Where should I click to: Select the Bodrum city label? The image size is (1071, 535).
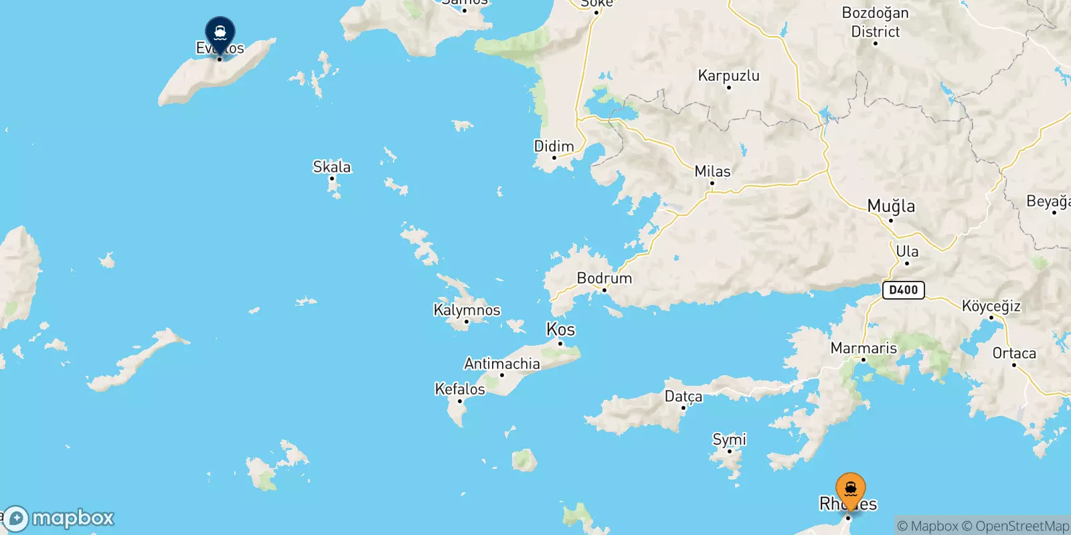coord(604,278)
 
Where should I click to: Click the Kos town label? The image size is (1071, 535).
coord(561,330)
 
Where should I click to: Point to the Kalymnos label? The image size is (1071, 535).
coord(467,310)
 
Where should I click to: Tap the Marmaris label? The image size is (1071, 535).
coord(863,348)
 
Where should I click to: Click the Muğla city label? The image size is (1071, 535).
coord(891,206)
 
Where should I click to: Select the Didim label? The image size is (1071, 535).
coord(554,146)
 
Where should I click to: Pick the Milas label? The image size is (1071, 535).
coord(712,171)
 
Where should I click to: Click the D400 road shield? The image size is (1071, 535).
coord(904,290)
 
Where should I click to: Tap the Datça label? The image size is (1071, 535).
coord(683,397)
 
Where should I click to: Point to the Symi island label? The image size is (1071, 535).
coord(729,439)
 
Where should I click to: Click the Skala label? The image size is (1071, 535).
coord(332,167)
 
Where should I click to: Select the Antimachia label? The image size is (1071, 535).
coord(502,364)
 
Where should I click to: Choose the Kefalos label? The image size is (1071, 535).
coord(460,389)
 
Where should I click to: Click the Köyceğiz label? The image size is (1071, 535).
coord(991,306)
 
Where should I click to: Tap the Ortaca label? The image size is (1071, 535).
coord(1014,353)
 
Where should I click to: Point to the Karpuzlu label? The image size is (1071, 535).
coord(729,76)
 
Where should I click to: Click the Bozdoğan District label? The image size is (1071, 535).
coord(876,22)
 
